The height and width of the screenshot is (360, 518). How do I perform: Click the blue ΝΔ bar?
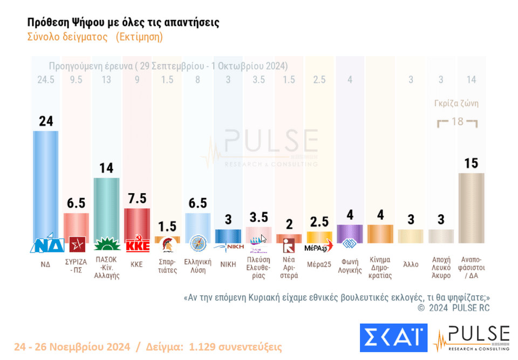click(46, 184)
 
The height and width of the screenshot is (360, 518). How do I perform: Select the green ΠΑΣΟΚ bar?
click(106, 208)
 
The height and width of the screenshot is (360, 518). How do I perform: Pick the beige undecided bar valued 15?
click(472, 208)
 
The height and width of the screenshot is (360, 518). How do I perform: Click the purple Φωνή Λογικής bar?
click(350, 233)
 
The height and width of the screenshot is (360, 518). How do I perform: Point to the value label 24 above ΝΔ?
click(46, 121)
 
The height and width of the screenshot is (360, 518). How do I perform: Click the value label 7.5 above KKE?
click(137, 198)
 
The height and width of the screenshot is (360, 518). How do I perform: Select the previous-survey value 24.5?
click(46, 80)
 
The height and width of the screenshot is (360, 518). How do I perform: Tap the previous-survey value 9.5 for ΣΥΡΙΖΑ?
click(76, 80)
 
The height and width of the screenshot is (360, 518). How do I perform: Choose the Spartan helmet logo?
click(167, 246)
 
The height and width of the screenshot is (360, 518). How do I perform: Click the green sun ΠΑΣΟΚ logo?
click(106, 246)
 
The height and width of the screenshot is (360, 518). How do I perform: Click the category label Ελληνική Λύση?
click(198, 267)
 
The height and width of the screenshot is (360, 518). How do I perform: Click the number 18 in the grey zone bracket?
click(457, 121)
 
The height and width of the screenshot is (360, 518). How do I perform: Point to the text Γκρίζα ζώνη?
click(456, 104)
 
